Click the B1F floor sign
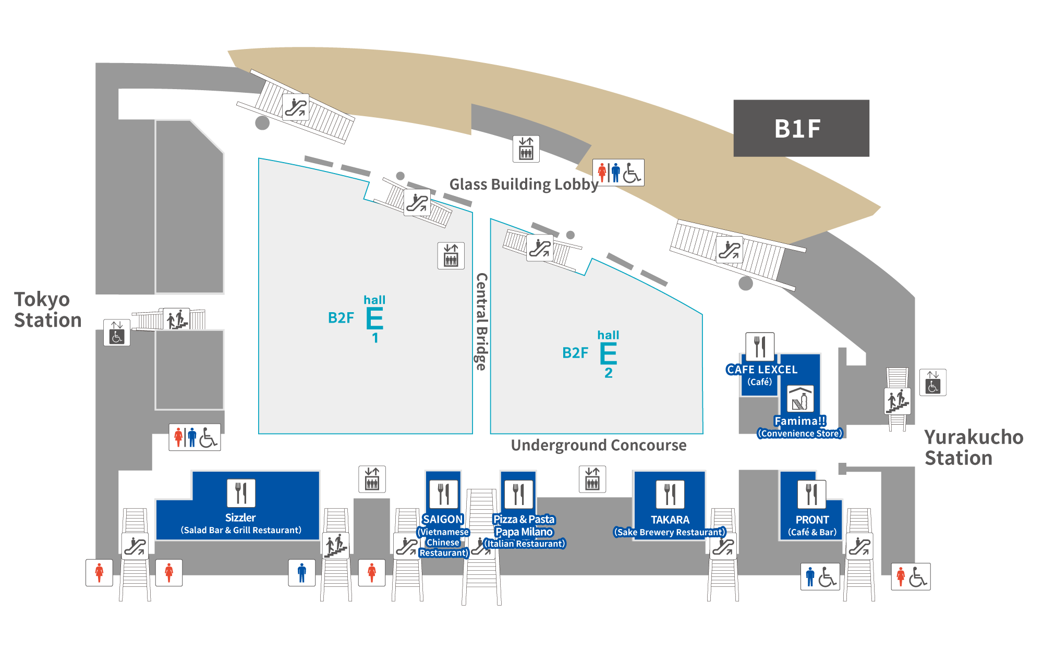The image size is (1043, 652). click(x=801, y=128)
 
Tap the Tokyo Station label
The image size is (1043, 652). click(x=47, y=310)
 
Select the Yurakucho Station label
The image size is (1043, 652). click(x=973, y=447)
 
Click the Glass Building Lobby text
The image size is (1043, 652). click(x=524, y=184)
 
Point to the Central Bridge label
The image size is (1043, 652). click(x=481, y=321)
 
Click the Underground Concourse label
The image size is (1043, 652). click(x=598, y=445)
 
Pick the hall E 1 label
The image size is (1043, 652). click(x=374, y=319)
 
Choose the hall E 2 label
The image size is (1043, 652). click(x=608, y=354)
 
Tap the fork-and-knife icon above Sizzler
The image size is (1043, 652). click(x=241, y=493)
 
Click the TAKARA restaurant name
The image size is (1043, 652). click(x=670, y=520)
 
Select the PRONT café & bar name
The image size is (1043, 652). click(x=811, y=520)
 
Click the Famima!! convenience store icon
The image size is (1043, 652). click(x=799, y=399)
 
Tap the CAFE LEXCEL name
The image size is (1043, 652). click(x=761, y=370)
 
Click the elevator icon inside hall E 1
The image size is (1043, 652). click(x=451, y=255)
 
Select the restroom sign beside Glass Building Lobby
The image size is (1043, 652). click(x=618, y=173)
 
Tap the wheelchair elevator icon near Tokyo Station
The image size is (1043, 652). click(x=116, y=333)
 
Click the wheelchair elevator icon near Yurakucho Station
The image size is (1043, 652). click(x=932, y=382)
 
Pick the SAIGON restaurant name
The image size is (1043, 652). click(x=442, y=519)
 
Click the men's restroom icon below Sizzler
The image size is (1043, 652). click(x=301, y=572)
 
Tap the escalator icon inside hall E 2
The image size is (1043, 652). click(x=539, y=248)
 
